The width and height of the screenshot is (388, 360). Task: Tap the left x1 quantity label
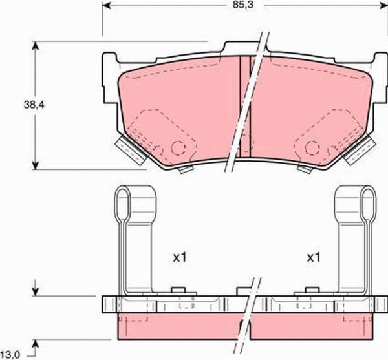[180, 257]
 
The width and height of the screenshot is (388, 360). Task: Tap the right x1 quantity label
[314, 257]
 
